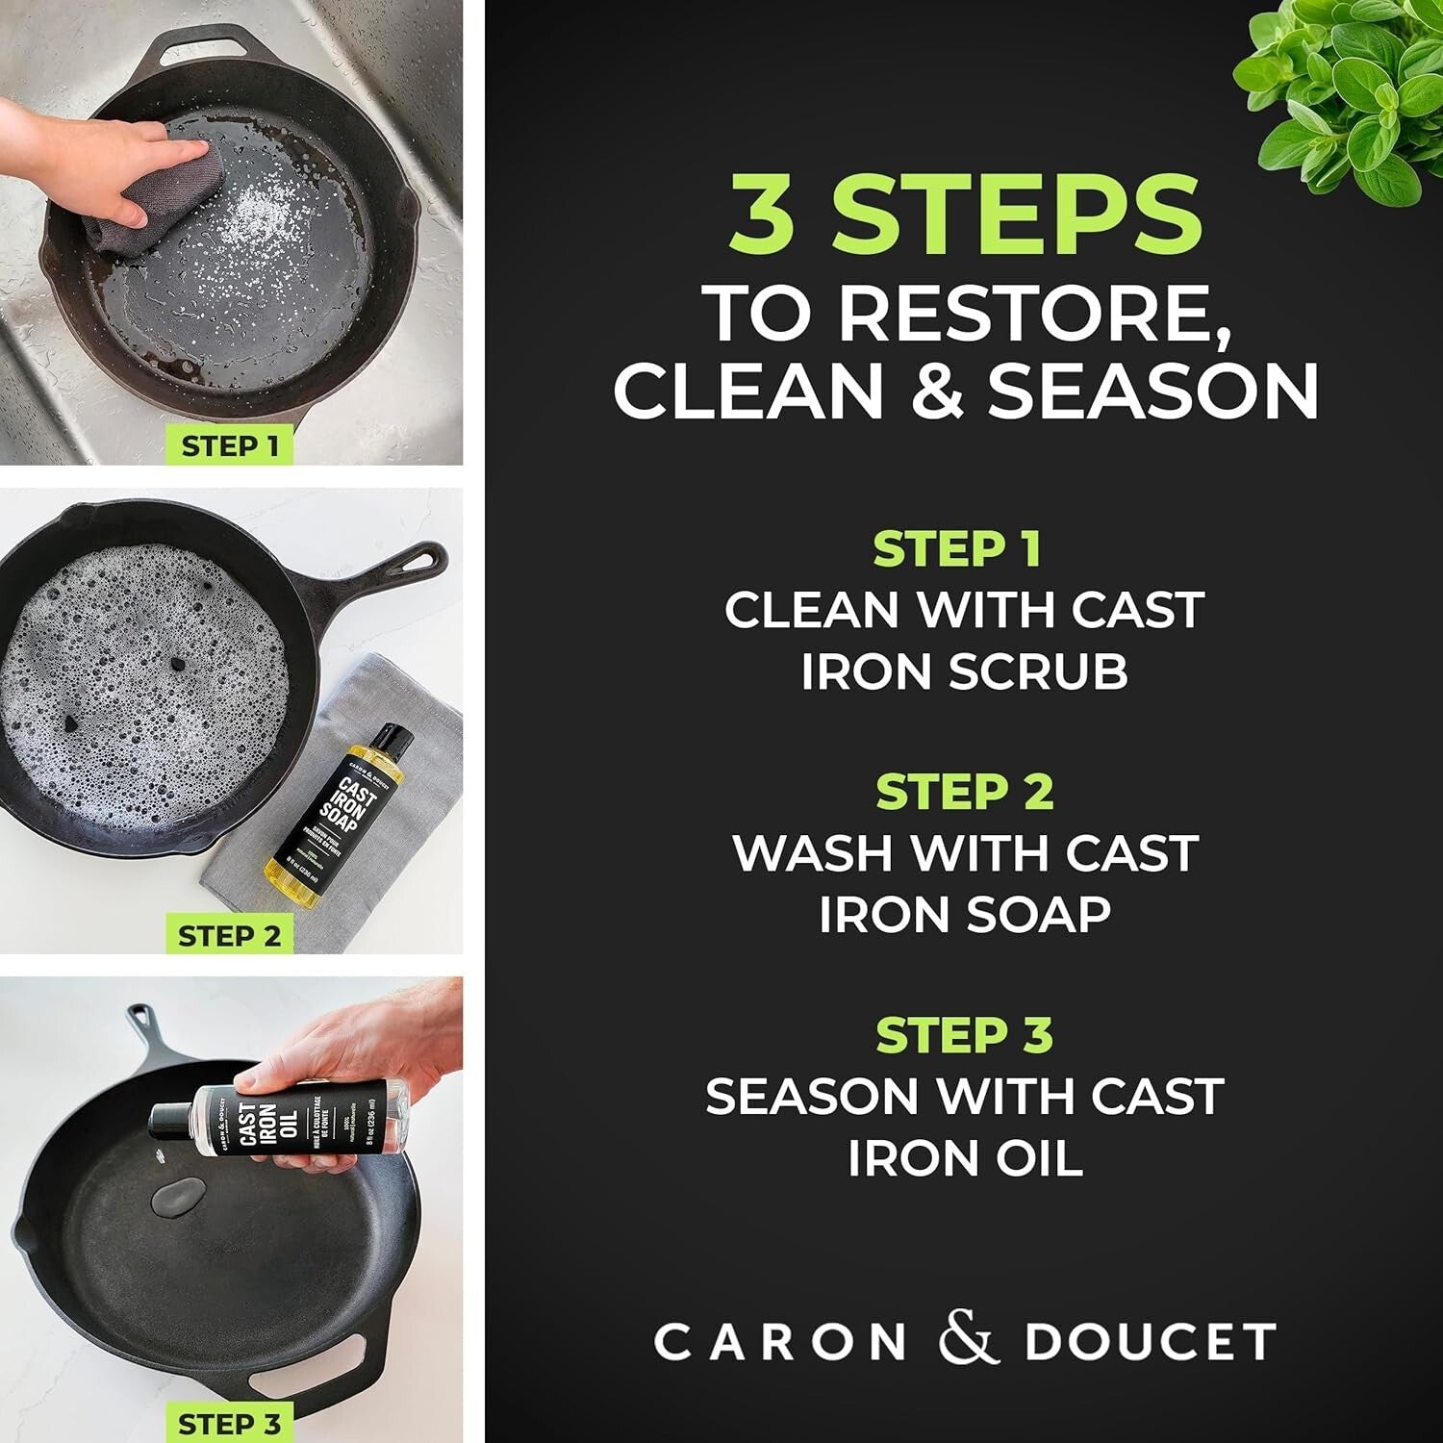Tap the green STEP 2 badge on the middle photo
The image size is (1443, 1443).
pos(229,935)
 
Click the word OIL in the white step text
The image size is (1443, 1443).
pos(1035,1157)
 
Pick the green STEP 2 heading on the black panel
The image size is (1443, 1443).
pos(964,792)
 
